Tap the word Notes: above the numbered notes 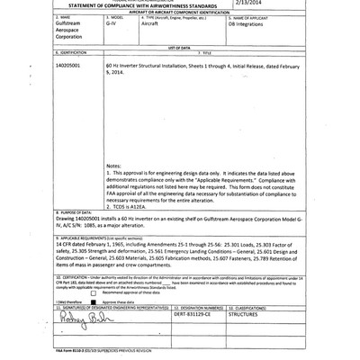tap(113, 166)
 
